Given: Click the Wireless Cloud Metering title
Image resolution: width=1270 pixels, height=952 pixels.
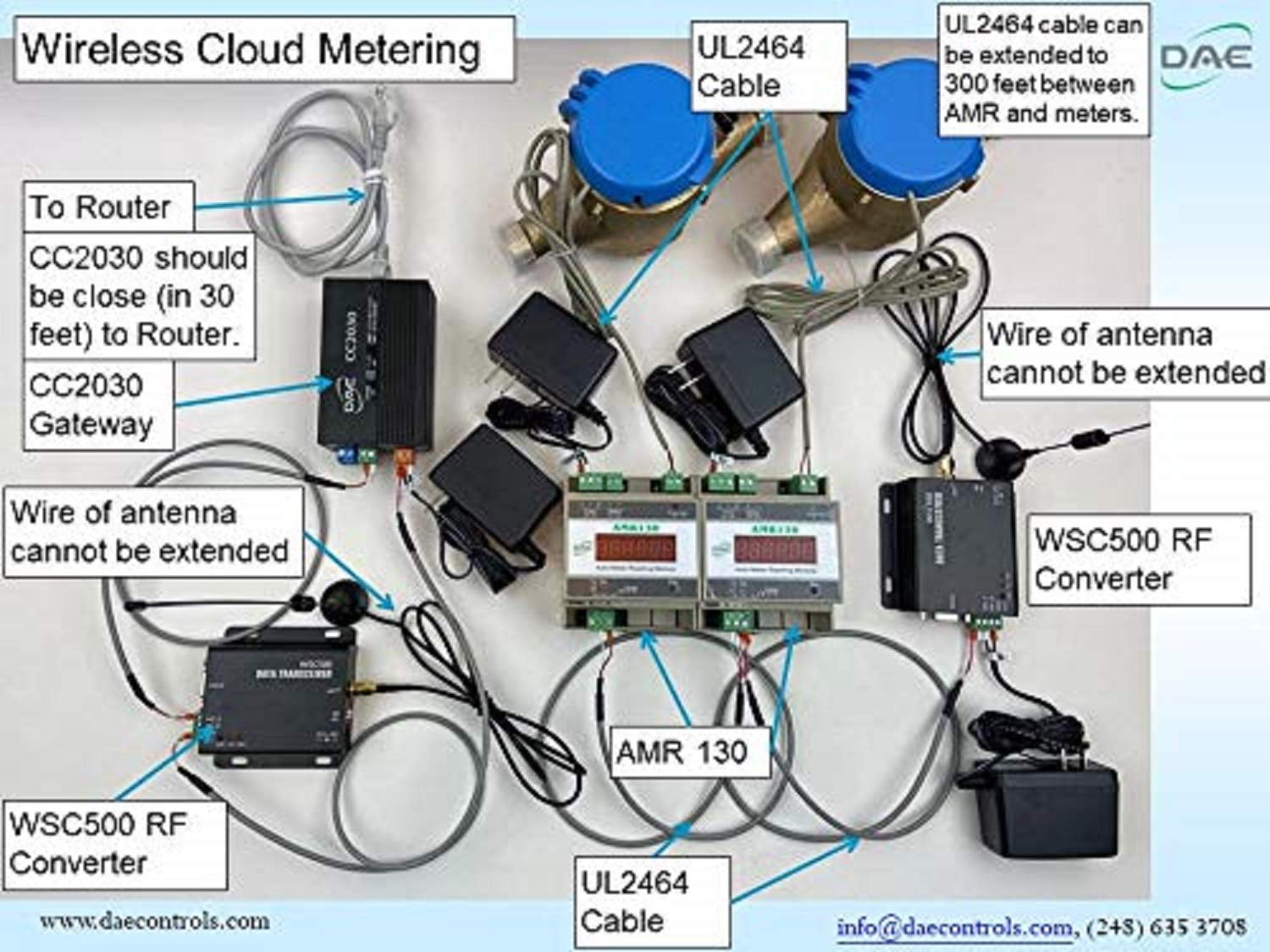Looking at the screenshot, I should coord(251,49).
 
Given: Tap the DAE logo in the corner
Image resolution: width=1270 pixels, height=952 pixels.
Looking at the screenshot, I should coord(1206,58).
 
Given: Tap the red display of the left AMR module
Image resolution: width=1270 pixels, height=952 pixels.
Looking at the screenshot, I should coord(634,550).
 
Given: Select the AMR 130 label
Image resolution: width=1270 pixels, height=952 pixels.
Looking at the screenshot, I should coord(682,751).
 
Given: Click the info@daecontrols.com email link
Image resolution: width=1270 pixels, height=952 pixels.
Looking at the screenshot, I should coord(954,927).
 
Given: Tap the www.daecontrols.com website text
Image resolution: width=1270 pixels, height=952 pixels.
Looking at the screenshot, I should coord(154,921).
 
